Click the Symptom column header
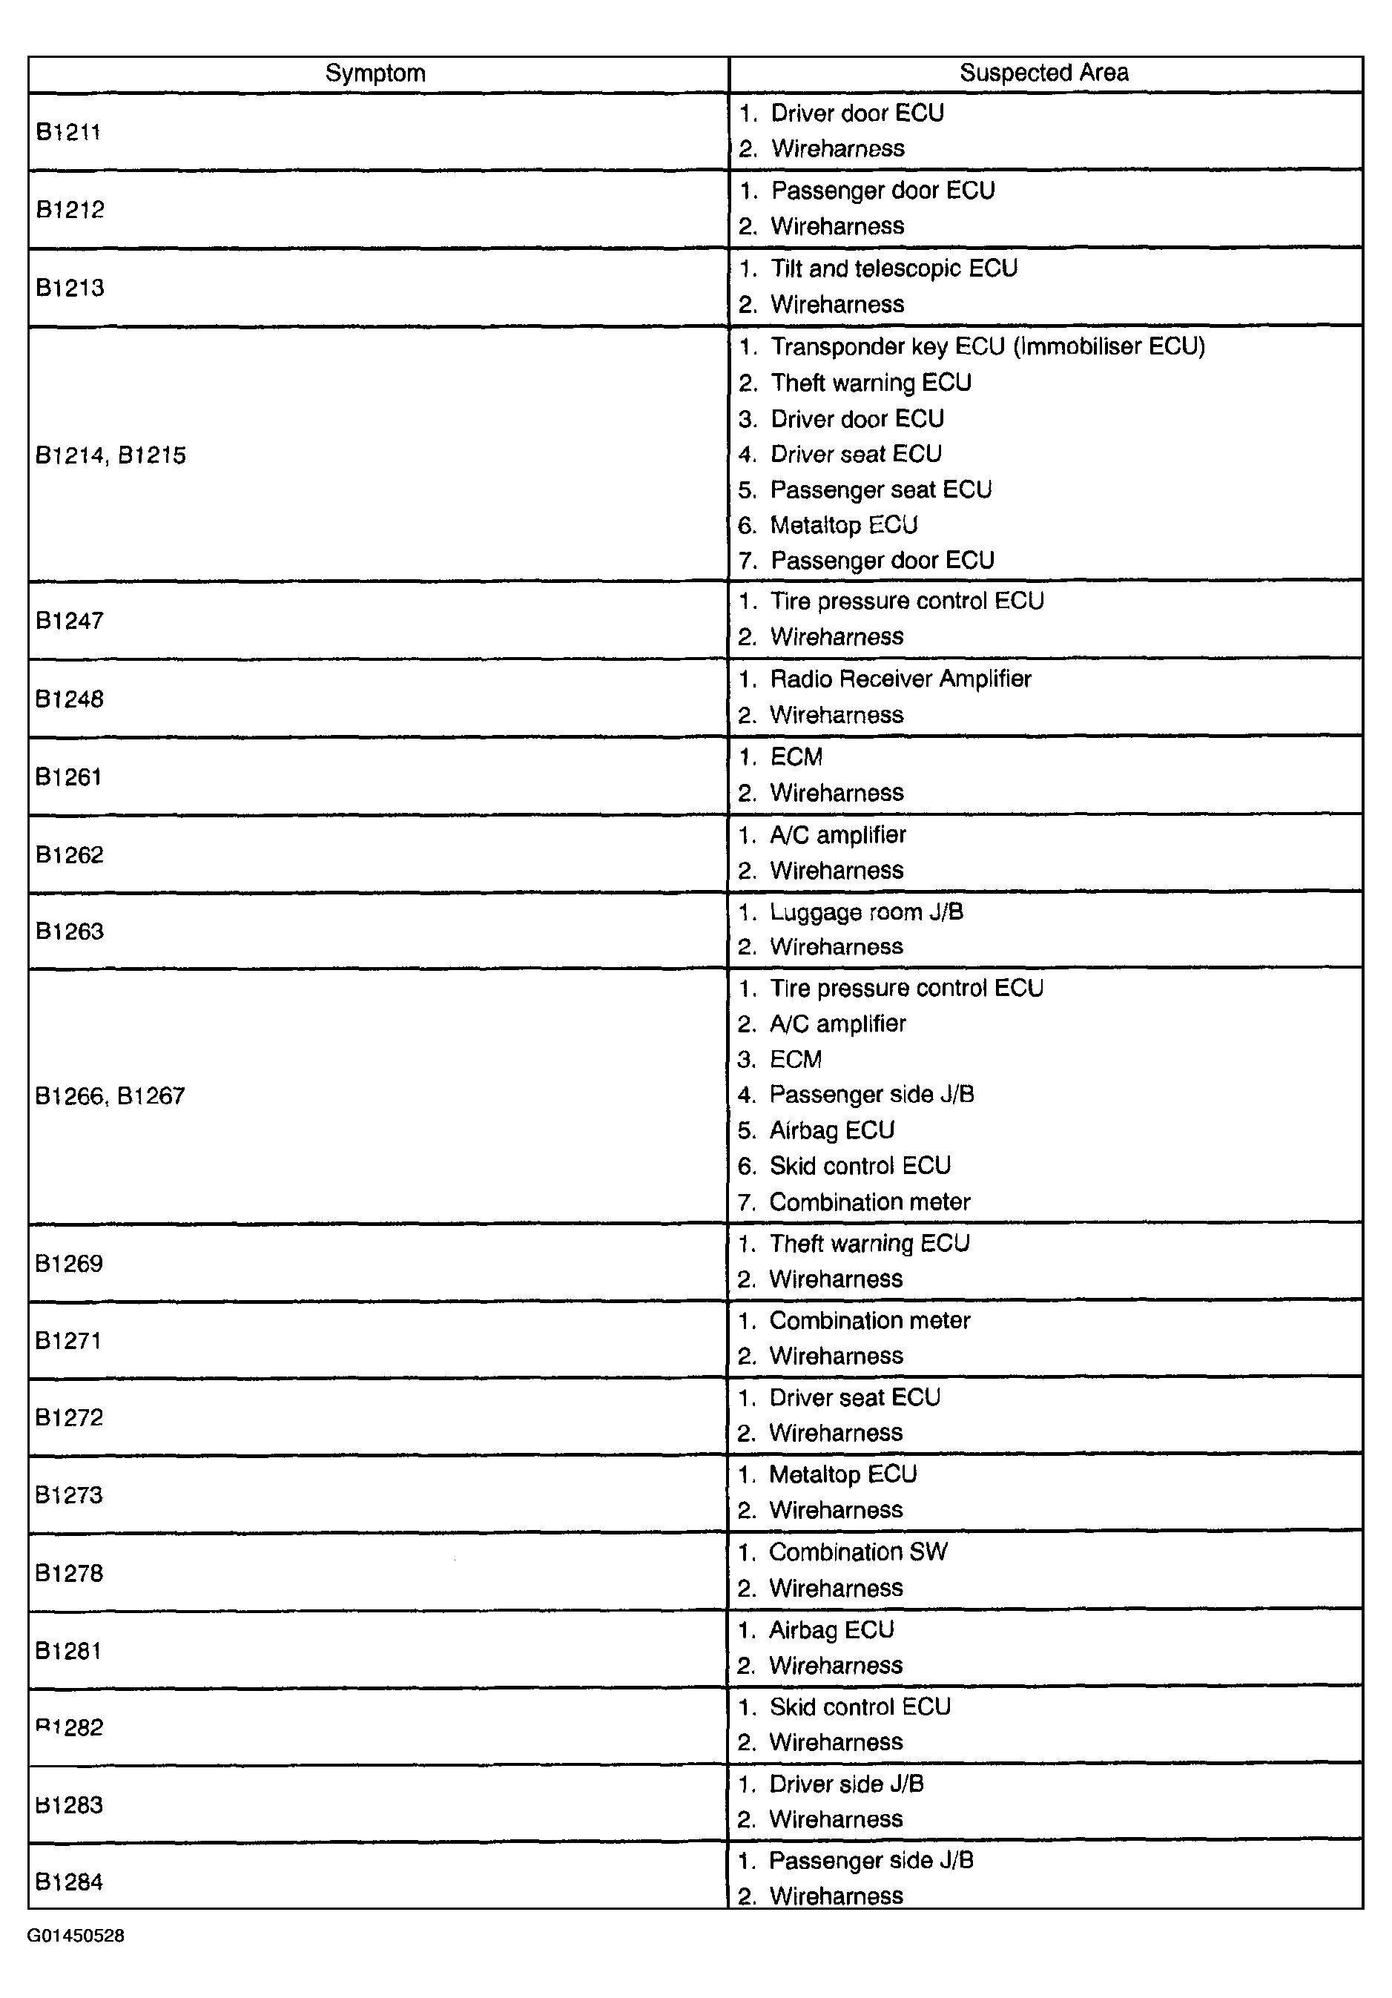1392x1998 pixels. click(x=375, y=73)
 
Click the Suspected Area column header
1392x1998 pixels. click(x=1044, y=73)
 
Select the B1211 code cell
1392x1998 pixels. click(x=68, y=131)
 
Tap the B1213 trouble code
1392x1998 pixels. click(x=70, y=287)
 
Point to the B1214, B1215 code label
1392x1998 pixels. click(x=110, y=455)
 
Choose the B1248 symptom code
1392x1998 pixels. click(x=70, y=699)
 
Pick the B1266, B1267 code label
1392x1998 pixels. click(x=110, y=1095)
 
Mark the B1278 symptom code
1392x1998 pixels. click(x=69, y=1573)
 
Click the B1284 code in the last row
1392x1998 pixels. click(x=69, y=1882)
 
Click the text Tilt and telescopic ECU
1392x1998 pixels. click(x=894, y=269)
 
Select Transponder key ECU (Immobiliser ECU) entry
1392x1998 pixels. click(x=987, y=347)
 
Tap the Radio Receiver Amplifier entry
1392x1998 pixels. click(x=900, y=679)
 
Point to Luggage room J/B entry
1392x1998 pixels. click(x=866, y=912)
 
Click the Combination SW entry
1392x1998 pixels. click(x=858, y=1552)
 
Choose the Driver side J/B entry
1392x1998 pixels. click(x=846, y=1784)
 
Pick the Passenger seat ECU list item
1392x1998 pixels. click(x=880, y=490)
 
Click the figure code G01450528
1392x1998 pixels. click(x=76, y=1936)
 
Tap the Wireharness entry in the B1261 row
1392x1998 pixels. click(x=836, y=793)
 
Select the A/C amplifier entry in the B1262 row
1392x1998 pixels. click(x=838, y=835)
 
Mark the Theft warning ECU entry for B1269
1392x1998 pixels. click(x=869, y=1244)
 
